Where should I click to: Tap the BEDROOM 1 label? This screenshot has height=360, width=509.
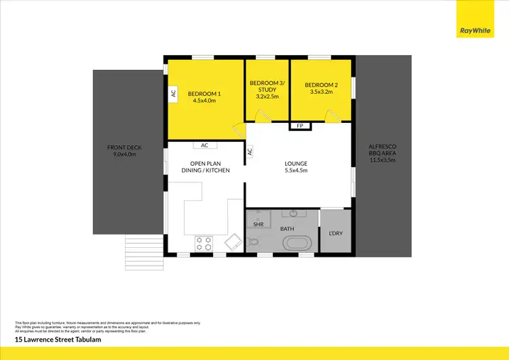204,93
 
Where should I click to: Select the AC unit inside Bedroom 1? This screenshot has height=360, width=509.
173,94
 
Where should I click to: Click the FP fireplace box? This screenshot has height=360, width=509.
300,126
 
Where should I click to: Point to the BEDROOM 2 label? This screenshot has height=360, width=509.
320,84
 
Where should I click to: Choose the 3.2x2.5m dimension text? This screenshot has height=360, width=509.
267,96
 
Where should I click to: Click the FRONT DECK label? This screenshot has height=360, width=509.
122,147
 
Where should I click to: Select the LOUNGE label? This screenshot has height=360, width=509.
296,163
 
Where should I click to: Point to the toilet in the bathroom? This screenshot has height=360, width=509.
254,242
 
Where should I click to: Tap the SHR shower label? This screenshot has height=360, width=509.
259,223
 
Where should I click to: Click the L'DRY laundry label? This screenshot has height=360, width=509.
335,233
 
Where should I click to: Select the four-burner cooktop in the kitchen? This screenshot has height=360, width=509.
204,242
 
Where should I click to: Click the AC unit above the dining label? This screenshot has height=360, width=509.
204,145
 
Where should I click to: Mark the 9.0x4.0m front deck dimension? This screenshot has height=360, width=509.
122,154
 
